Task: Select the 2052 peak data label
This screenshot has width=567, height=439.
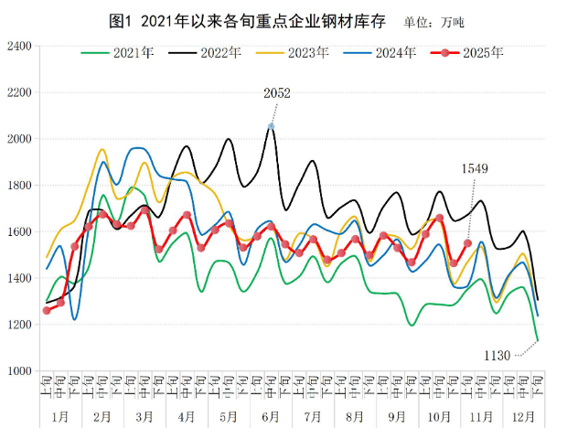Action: [x=276, y=93]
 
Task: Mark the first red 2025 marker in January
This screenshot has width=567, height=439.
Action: [x=47, y=310]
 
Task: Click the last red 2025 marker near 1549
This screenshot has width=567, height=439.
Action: [x=467, y=243]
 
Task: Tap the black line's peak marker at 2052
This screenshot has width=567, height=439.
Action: [x=271, y=126]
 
